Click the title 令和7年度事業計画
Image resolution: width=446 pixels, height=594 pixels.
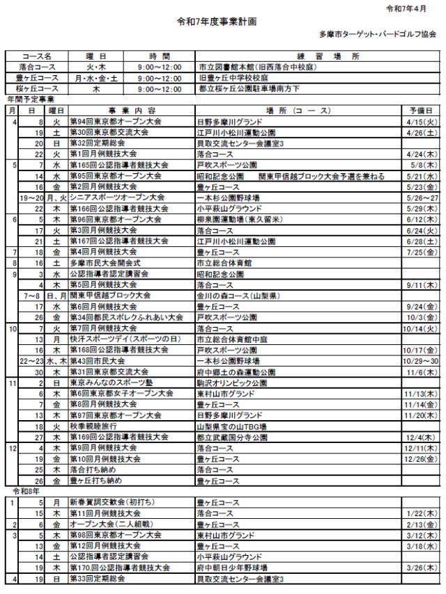pyautogui.click(x=217, y=22)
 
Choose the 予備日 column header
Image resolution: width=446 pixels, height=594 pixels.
pyautogui.click(x=420, y=111)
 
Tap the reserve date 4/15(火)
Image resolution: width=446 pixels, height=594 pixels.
pyautogui.click(x=420, y=121)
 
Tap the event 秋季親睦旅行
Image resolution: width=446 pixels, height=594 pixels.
pyautogui.click(x=92, y=426)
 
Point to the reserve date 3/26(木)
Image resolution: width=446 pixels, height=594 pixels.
pyautogui.click(x=420, y=568)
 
